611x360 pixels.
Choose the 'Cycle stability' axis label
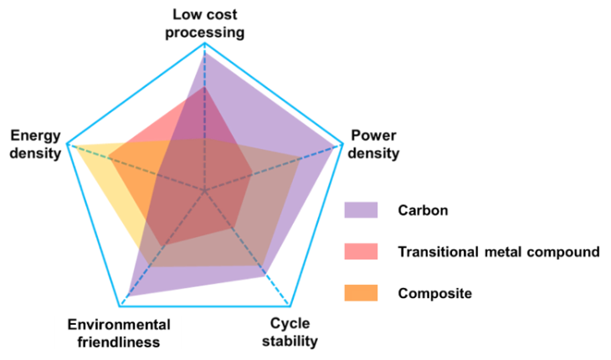290,332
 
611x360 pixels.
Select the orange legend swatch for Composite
361,293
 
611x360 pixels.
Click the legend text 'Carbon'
423,210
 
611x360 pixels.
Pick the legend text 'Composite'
435,293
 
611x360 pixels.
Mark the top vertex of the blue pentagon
204,43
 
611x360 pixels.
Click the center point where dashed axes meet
204,191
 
